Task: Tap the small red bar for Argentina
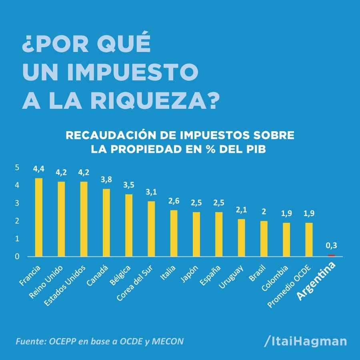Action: coord(331,255)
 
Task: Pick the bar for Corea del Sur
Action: coord(151,229)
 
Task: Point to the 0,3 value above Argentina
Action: coord(331,246)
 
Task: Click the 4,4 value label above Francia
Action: coord(39,170)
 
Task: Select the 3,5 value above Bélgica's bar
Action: coord(129,186)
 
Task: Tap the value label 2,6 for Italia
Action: coord(174,202)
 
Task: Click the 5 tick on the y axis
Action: coord(17,168)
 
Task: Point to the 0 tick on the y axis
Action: coord(17,256)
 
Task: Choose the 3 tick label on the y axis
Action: coord(17,203)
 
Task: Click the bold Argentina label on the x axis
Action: coord(316,282)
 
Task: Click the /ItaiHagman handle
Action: coord(306,341)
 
